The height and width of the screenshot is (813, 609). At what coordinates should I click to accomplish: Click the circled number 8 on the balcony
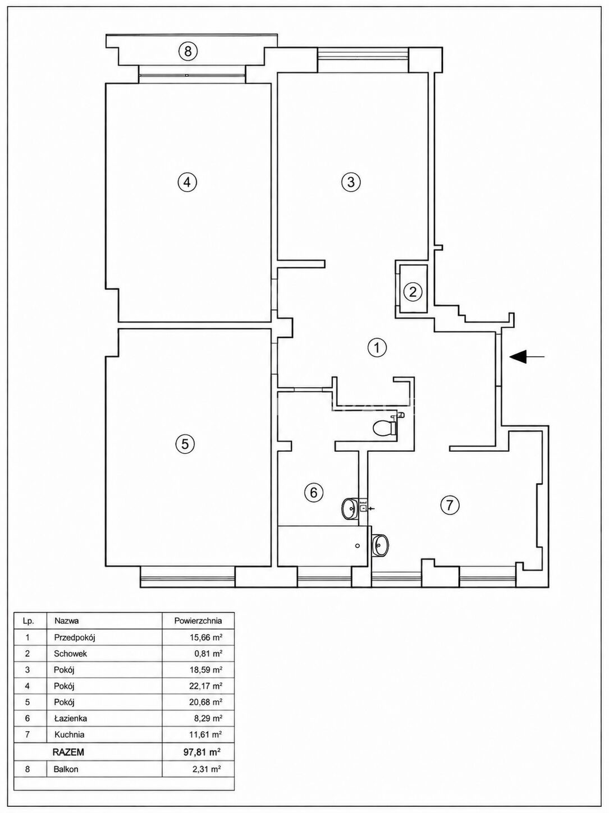coord(188,50)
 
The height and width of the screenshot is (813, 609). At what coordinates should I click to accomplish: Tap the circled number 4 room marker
coord(187,182)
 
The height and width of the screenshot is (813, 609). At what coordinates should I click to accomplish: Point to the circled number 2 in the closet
coord(413,292)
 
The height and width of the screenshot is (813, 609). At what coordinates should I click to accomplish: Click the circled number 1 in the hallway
coord(377,348)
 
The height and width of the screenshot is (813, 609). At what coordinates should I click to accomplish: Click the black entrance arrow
coord(527,357)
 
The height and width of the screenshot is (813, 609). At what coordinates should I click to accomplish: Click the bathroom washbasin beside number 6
coord(350,508)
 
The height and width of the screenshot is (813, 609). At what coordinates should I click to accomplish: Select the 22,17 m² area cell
coord(204,686)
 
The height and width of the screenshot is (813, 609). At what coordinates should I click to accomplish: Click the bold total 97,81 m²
coord(202,751)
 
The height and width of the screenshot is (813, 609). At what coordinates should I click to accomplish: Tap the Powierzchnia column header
coord(198,621)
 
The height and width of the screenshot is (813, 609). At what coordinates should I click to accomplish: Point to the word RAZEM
coord(68,751)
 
